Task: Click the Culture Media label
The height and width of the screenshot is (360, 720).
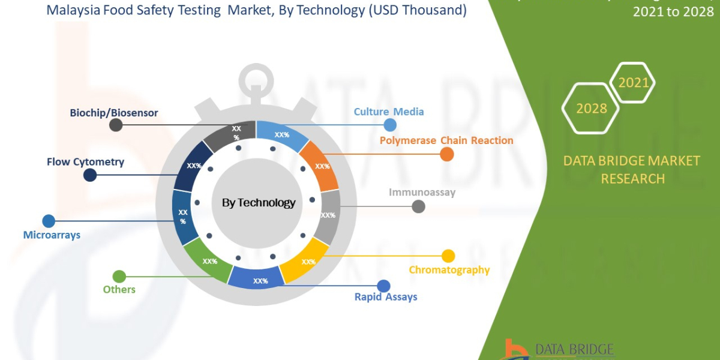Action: pyautogui.click(x=388, y=112)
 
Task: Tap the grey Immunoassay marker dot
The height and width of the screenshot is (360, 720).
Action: pyautogui.click(x=419, y=206)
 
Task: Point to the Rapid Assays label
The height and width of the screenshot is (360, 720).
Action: pyautogui.click(x=385, y=297)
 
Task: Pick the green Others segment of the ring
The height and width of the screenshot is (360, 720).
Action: pyautogui.click(x=207, y=260)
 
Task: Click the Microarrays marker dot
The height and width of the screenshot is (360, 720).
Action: pyautogui.click(x=49, y=221)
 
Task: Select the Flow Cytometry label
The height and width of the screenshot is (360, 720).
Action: pyautogui.click(x=85, y=162)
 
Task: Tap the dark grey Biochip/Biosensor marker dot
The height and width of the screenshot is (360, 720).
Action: pyautogui.click(x=116, y=125)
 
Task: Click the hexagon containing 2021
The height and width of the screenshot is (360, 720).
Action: pyautogui.click(x=633, y=83)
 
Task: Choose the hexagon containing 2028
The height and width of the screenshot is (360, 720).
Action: pyautogui.click(x=590, y=109)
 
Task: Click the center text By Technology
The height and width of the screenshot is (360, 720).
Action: pyautogui.click(x=259, y=203)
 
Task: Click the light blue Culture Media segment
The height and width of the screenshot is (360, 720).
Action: pyautogui.click(x=281, y=136)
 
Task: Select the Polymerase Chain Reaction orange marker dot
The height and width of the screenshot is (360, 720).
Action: pyautogui.click(x=446, y=155)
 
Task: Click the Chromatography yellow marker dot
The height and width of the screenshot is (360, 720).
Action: pyautogui.click(x=448, y=256)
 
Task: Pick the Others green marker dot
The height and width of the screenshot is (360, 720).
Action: pyautogui.click(x=119, y=277)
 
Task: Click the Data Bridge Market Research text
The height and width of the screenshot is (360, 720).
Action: pyautogui.click(x=631, y=170)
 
